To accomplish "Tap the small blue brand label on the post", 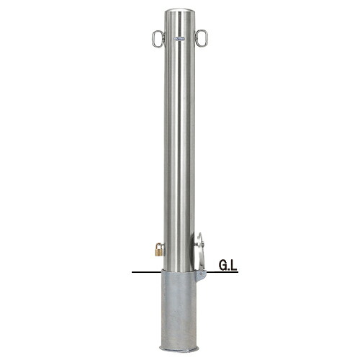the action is pyautogui.click(x=179, y=38).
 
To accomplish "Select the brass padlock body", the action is pyautogui.click(x=158, y=252).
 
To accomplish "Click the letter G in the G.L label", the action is pyautogui.click(x=222, y=266).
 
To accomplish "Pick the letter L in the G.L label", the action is pyautogui.click(x=233, y=266).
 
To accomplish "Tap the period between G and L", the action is pyautogui.click(x=229, y=269).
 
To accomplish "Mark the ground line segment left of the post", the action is pyautogui.click(x=147, y=272).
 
